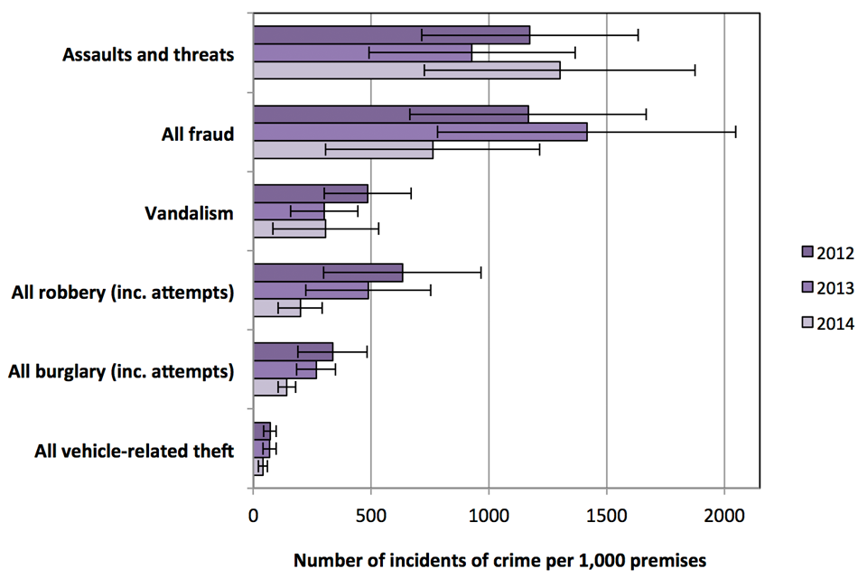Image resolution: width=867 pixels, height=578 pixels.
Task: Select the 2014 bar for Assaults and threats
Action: point(406,70)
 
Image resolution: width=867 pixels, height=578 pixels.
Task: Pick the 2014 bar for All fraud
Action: point(343,150)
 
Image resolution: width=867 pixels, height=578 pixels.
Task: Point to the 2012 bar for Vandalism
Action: point(310,193)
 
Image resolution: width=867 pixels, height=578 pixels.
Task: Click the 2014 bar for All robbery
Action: point(276,308)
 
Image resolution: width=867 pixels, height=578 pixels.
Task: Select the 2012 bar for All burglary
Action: point(293,351)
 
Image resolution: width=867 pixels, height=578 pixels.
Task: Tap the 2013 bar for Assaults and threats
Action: point(362,53)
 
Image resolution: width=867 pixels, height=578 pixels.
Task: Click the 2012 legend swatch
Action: point(807,252)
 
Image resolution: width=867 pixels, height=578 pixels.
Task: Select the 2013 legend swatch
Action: point(807,287)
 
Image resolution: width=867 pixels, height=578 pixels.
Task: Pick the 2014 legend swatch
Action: point(807,322)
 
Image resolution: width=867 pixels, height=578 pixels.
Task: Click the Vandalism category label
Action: point(190,214)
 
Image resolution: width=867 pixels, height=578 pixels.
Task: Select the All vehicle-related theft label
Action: point(135,450)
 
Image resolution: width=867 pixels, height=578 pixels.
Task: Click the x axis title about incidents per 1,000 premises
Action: point(499,560)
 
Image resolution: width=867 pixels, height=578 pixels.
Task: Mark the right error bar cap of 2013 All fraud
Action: point(735,132)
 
